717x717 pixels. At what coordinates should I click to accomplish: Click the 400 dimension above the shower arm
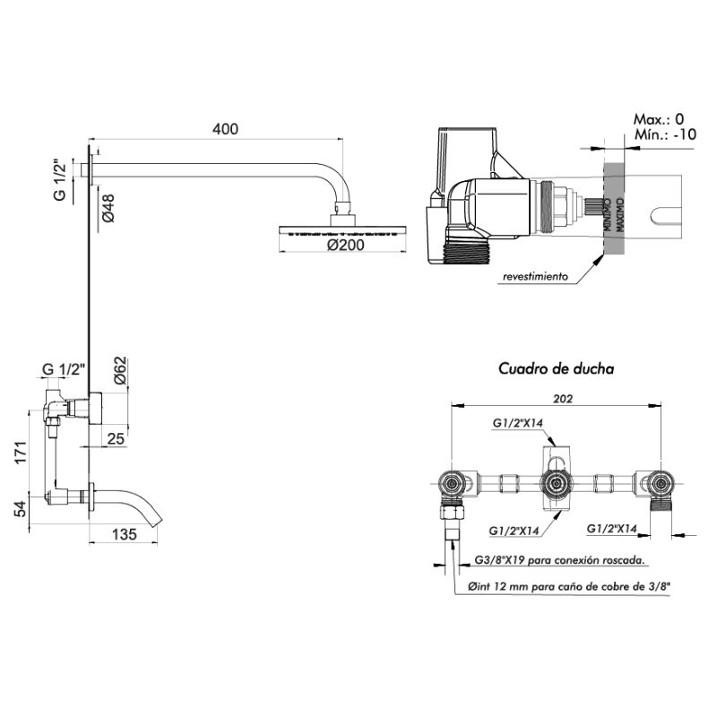click(225, 129)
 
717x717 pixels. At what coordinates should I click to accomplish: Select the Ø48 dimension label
click(107, 207)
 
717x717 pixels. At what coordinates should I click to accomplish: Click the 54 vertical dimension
click(17, 508)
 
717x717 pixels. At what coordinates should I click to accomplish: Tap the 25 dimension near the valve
click(116, 438)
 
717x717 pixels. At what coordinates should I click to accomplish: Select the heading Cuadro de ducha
click(556, 368)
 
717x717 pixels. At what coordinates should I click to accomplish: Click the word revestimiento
click(535, 278)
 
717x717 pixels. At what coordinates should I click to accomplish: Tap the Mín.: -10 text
click(664, 134)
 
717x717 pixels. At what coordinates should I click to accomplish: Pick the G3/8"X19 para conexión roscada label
click(556, 560)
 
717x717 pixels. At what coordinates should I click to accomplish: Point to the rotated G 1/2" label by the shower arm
click(58, 180)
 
